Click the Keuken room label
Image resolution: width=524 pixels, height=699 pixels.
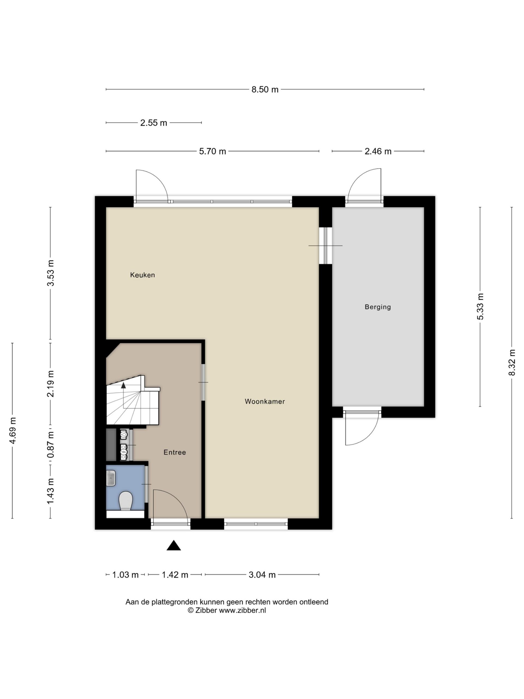(x=142, y=275)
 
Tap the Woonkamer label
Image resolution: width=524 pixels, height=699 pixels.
(x=265, y=401)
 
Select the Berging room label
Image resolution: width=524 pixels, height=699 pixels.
(x=378, y=307)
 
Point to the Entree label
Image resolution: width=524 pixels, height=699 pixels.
(x=175, y=452)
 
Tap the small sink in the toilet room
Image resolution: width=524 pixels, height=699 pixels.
(x=111, y=478)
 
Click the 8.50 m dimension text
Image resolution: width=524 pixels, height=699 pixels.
(x=265, y=90)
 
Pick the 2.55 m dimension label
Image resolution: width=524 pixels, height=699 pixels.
(x=153, y=123)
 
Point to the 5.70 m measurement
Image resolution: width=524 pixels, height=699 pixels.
(x=213, y=151)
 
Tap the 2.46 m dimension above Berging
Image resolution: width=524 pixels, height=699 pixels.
(x=378, y=151)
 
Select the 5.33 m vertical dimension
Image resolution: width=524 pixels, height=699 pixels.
(x=480, y=307)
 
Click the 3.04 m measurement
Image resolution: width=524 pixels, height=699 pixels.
(x=262, y=575)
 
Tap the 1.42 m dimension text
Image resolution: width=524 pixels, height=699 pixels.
(x=175, y=575)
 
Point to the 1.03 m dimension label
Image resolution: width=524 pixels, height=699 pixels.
(x=125, y=575)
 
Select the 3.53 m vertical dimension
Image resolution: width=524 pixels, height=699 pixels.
(x=50, y=273)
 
